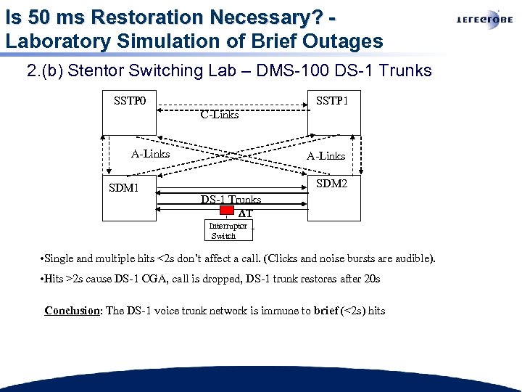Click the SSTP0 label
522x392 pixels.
click(130, 101)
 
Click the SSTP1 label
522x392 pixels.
click(332, 101)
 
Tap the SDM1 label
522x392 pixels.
click(124, 189)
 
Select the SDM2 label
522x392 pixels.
click(331, 184)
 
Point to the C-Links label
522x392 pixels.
click(220, 114)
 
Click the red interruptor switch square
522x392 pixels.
click(227, 213)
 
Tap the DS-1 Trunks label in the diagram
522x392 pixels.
click(231, 199)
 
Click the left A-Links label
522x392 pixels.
click(150, 153)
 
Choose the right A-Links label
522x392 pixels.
click(326, 155)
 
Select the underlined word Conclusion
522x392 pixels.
click(72, 311)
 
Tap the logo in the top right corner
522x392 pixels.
click(484, 20)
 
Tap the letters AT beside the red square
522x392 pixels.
click(245, 213)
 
